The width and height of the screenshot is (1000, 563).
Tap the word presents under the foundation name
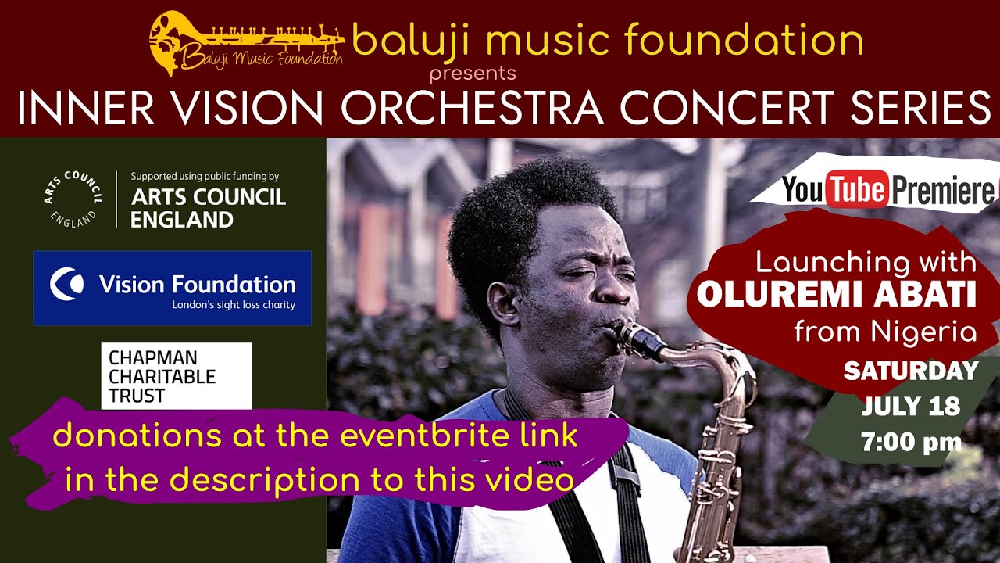[473, 74]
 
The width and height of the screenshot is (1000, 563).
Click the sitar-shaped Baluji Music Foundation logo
[247, 43]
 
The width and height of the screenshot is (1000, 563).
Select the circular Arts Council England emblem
[73, 199]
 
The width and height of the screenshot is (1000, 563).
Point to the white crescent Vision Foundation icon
[66, 284]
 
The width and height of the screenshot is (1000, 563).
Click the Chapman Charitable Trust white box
[177, 376]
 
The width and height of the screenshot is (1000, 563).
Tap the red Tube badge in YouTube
[857, 189]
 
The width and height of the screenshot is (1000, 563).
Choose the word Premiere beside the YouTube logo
[943, 190]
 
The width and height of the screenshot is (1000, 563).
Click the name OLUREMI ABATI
[836, 295]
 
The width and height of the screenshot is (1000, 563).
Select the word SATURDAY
[911, 371]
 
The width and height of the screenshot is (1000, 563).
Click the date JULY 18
[911, 406]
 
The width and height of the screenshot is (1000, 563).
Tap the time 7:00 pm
[911, 442]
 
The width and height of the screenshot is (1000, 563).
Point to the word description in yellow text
[265, 481]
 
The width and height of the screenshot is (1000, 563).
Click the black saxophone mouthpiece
[639, 340]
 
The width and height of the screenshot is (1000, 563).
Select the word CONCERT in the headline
[727, 108]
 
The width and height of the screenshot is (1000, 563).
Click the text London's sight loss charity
[234, 305]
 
